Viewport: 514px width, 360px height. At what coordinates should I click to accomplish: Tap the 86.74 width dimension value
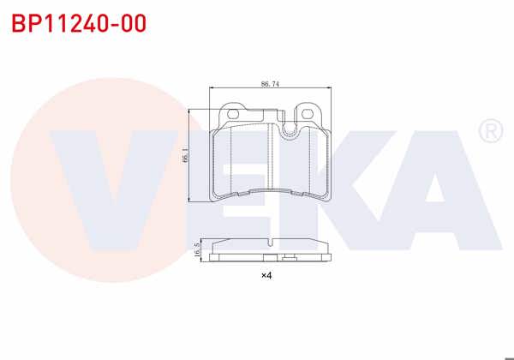(x=270, y=84)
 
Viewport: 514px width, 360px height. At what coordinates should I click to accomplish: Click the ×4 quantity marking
(x=266, y=276)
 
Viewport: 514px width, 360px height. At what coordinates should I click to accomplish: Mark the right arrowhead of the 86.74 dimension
(x=328, y=89)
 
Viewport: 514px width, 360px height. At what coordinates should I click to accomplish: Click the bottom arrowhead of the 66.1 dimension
(x=190, y=200)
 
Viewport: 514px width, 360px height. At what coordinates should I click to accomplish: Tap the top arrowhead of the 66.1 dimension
(x=190, y=109)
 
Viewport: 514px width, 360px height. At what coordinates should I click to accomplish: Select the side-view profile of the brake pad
(x=270, y=249)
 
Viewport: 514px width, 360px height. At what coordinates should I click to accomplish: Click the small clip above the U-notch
(x=276, y=113)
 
